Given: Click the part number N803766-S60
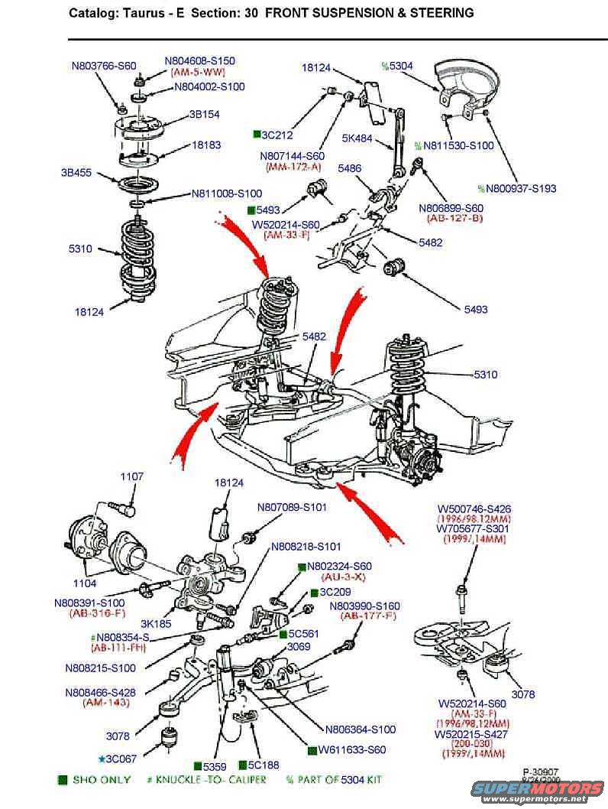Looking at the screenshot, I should click(104, 66).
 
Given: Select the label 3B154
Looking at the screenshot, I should click(204, 115).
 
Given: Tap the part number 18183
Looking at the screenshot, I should click(206, 144).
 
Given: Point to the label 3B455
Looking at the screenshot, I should click(76, 173).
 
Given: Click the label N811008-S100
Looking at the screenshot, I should click(226, 193).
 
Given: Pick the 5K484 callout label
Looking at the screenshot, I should click(357, 138).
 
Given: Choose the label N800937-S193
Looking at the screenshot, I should click(521, 188).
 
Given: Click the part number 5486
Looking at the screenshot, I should click(350, 168).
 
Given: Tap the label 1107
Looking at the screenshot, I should click(131, 476).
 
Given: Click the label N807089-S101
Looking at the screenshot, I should click(291, 506).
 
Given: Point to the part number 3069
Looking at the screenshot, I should click(299, 646).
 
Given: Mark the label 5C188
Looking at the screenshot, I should click(263, 765).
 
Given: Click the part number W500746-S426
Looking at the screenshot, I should click(474, 508).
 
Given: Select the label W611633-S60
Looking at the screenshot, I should click(352, 750).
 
